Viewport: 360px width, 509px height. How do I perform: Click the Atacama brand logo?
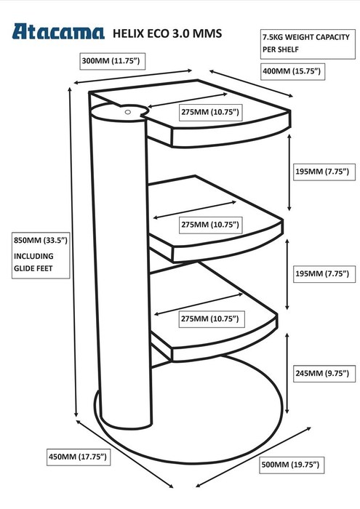[58, 32]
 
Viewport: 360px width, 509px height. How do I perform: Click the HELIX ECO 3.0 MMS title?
[167, 33]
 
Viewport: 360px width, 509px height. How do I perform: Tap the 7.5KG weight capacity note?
[308, 44]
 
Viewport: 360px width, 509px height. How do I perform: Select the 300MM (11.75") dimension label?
[112, 61]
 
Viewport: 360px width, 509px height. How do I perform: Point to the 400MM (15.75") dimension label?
[292, 71]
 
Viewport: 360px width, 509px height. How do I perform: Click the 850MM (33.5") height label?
[41, 241]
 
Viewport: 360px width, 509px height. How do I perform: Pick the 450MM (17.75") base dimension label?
[79, 457]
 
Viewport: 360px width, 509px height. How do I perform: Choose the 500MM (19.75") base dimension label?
[291, 465]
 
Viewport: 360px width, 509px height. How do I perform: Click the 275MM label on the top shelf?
[210, 112]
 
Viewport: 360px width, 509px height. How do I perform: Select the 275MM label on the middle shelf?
[210, 225]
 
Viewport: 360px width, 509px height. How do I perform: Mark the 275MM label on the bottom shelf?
[210, 318]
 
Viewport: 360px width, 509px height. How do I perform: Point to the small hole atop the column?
[128, 112]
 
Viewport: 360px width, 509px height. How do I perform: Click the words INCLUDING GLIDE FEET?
[33, 262]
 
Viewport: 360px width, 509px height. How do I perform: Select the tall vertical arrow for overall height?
[73, 252]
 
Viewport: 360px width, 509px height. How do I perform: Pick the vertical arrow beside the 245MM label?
[287, 373]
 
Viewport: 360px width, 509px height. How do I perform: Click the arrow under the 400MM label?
[251, 83]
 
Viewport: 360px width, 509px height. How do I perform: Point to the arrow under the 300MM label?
[133, 76]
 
